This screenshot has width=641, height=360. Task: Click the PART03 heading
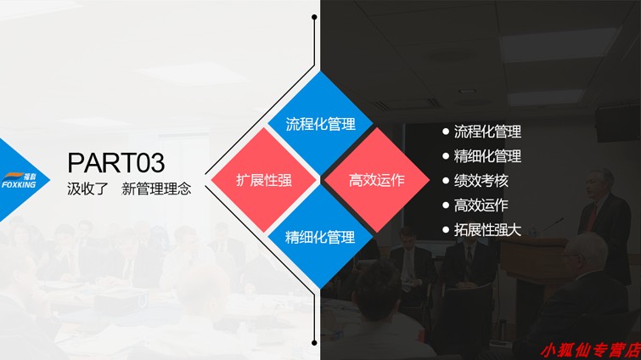[116, 163]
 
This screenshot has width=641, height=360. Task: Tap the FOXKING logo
[19, 181]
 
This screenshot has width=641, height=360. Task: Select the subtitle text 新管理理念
[156, 188]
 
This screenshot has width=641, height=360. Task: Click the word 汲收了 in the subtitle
[88, 188]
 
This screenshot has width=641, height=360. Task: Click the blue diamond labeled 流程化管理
[320, 123]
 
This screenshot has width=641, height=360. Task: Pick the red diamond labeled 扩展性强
[264, 180]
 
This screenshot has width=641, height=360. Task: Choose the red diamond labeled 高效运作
[376, 180]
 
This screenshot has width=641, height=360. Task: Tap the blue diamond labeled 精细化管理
[320, 237]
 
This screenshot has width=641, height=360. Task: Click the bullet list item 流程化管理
[487, 132]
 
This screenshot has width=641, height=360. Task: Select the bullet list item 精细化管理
[487, 156]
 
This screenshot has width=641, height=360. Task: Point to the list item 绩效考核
[481, 181]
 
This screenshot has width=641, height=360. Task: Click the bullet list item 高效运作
[481, 205]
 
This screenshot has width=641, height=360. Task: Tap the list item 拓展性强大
[487, 229]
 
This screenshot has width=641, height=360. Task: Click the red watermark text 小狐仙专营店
[591, 351]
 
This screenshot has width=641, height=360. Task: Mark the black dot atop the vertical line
[314, 17]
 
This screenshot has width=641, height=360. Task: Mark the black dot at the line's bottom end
[314, 343]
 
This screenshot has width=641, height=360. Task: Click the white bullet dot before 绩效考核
[446, 181]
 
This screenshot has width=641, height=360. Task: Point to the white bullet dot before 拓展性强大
[446, 229]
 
